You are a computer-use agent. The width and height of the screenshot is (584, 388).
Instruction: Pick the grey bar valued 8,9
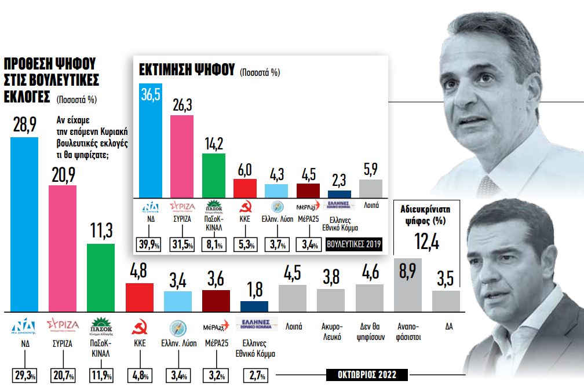coord(408,284)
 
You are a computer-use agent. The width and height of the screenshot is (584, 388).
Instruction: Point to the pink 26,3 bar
coord(181,156)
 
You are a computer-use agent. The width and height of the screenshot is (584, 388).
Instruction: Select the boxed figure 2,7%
coord(254,375)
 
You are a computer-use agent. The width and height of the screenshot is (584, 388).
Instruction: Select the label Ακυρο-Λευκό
coord(331,332)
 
